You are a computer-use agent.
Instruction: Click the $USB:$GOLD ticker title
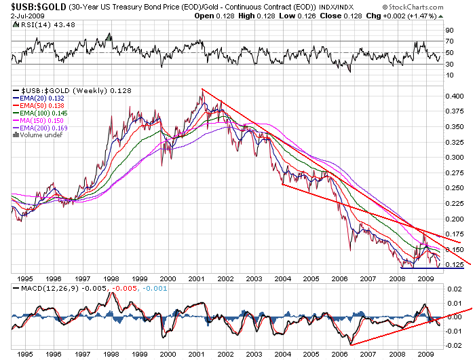(x=38, y=5)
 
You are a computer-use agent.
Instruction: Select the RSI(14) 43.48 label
(x=37, y=24)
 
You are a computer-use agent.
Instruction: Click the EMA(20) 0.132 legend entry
(x=40, y=99)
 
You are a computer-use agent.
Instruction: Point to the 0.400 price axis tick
(x=453, y=96)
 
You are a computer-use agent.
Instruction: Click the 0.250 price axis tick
(x=453, y=188)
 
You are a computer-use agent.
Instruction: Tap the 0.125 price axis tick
(x=453, y=265)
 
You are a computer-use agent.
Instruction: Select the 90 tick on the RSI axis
(x=449, y=31)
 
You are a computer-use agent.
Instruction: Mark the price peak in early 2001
(x=202, y=89)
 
